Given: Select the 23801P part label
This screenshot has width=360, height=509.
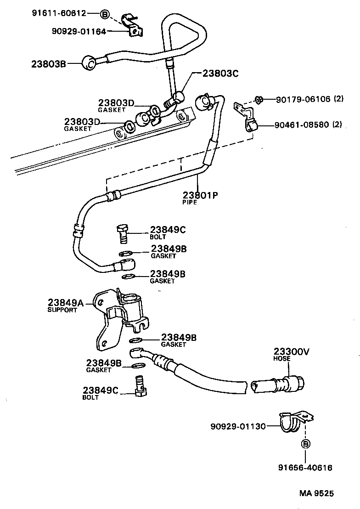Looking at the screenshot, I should (x=200, y=195).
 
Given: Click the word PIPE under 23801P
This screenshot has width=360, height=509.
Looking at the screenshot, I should (x=189, y=202).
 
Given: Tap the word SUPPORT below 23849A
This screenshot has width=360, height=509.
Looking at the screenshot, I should (x=62, y=310).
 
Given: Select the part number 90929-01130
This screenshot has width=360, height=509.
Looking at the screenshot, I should (x=238, y=426).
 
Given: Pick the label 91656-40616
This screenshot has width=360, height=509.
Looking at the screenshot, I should (x=305, y=468).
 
